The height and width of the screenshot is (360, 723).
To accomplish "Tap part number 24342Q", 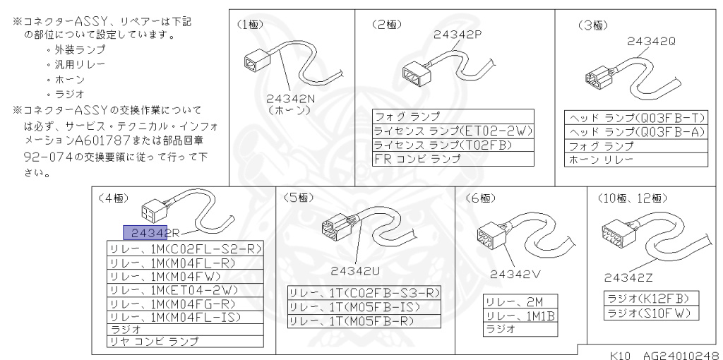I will (651, 41).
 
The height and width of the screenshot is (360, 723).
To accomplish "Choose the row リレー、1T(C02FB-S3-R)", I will (364, 293).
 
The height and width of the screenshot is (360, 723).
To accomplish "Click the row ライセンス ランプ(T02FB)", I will (453, 145).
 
